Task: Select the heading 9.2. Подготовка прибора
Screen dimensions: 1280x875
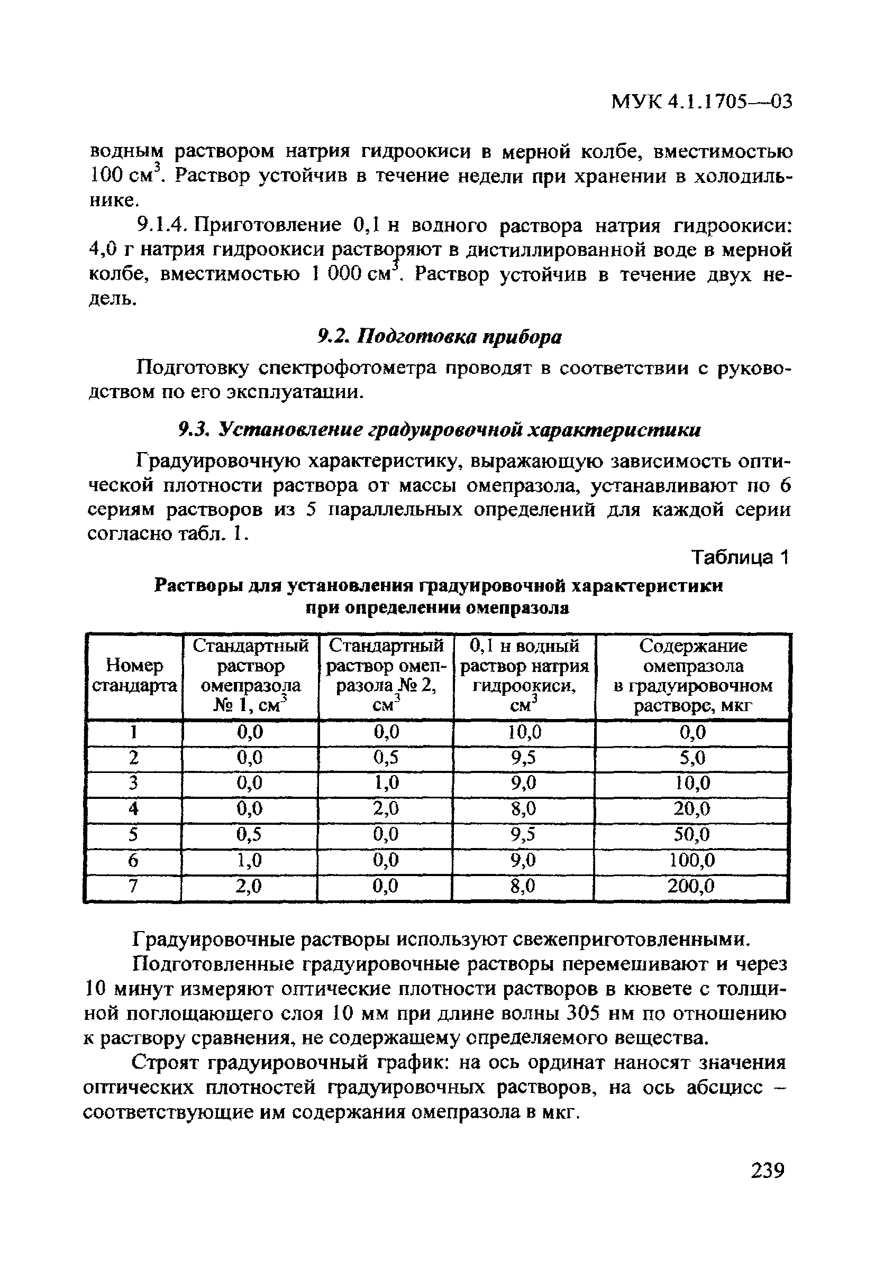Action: [440, 337]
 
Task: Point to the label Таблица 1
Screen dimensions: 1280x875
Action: [740, 557]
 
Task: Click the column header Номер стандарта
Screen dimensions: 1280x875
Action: [134, 676]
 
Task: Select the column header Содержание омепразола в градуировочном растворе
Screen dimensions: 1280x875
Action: [692, 676]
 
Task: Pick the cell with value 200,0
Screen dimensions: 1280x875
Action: [691, 886]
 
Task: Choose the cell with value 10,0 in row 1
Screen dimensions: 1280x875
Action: [525, 732]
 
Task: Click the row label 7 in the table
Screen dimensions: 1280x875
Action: [133, 886]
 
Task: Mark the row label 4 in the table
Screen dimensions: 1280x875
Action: [133, 808]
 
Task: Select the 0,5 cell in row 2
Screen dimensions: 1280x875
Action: [386, 758]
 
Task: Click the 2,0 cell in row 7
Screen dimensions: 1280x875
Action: [249, 886]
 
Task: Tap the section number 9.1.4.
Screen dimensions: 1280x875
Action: [161, 225]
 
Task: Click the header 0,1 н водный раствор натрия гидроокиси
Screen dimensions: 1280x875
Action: [524, 676]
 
